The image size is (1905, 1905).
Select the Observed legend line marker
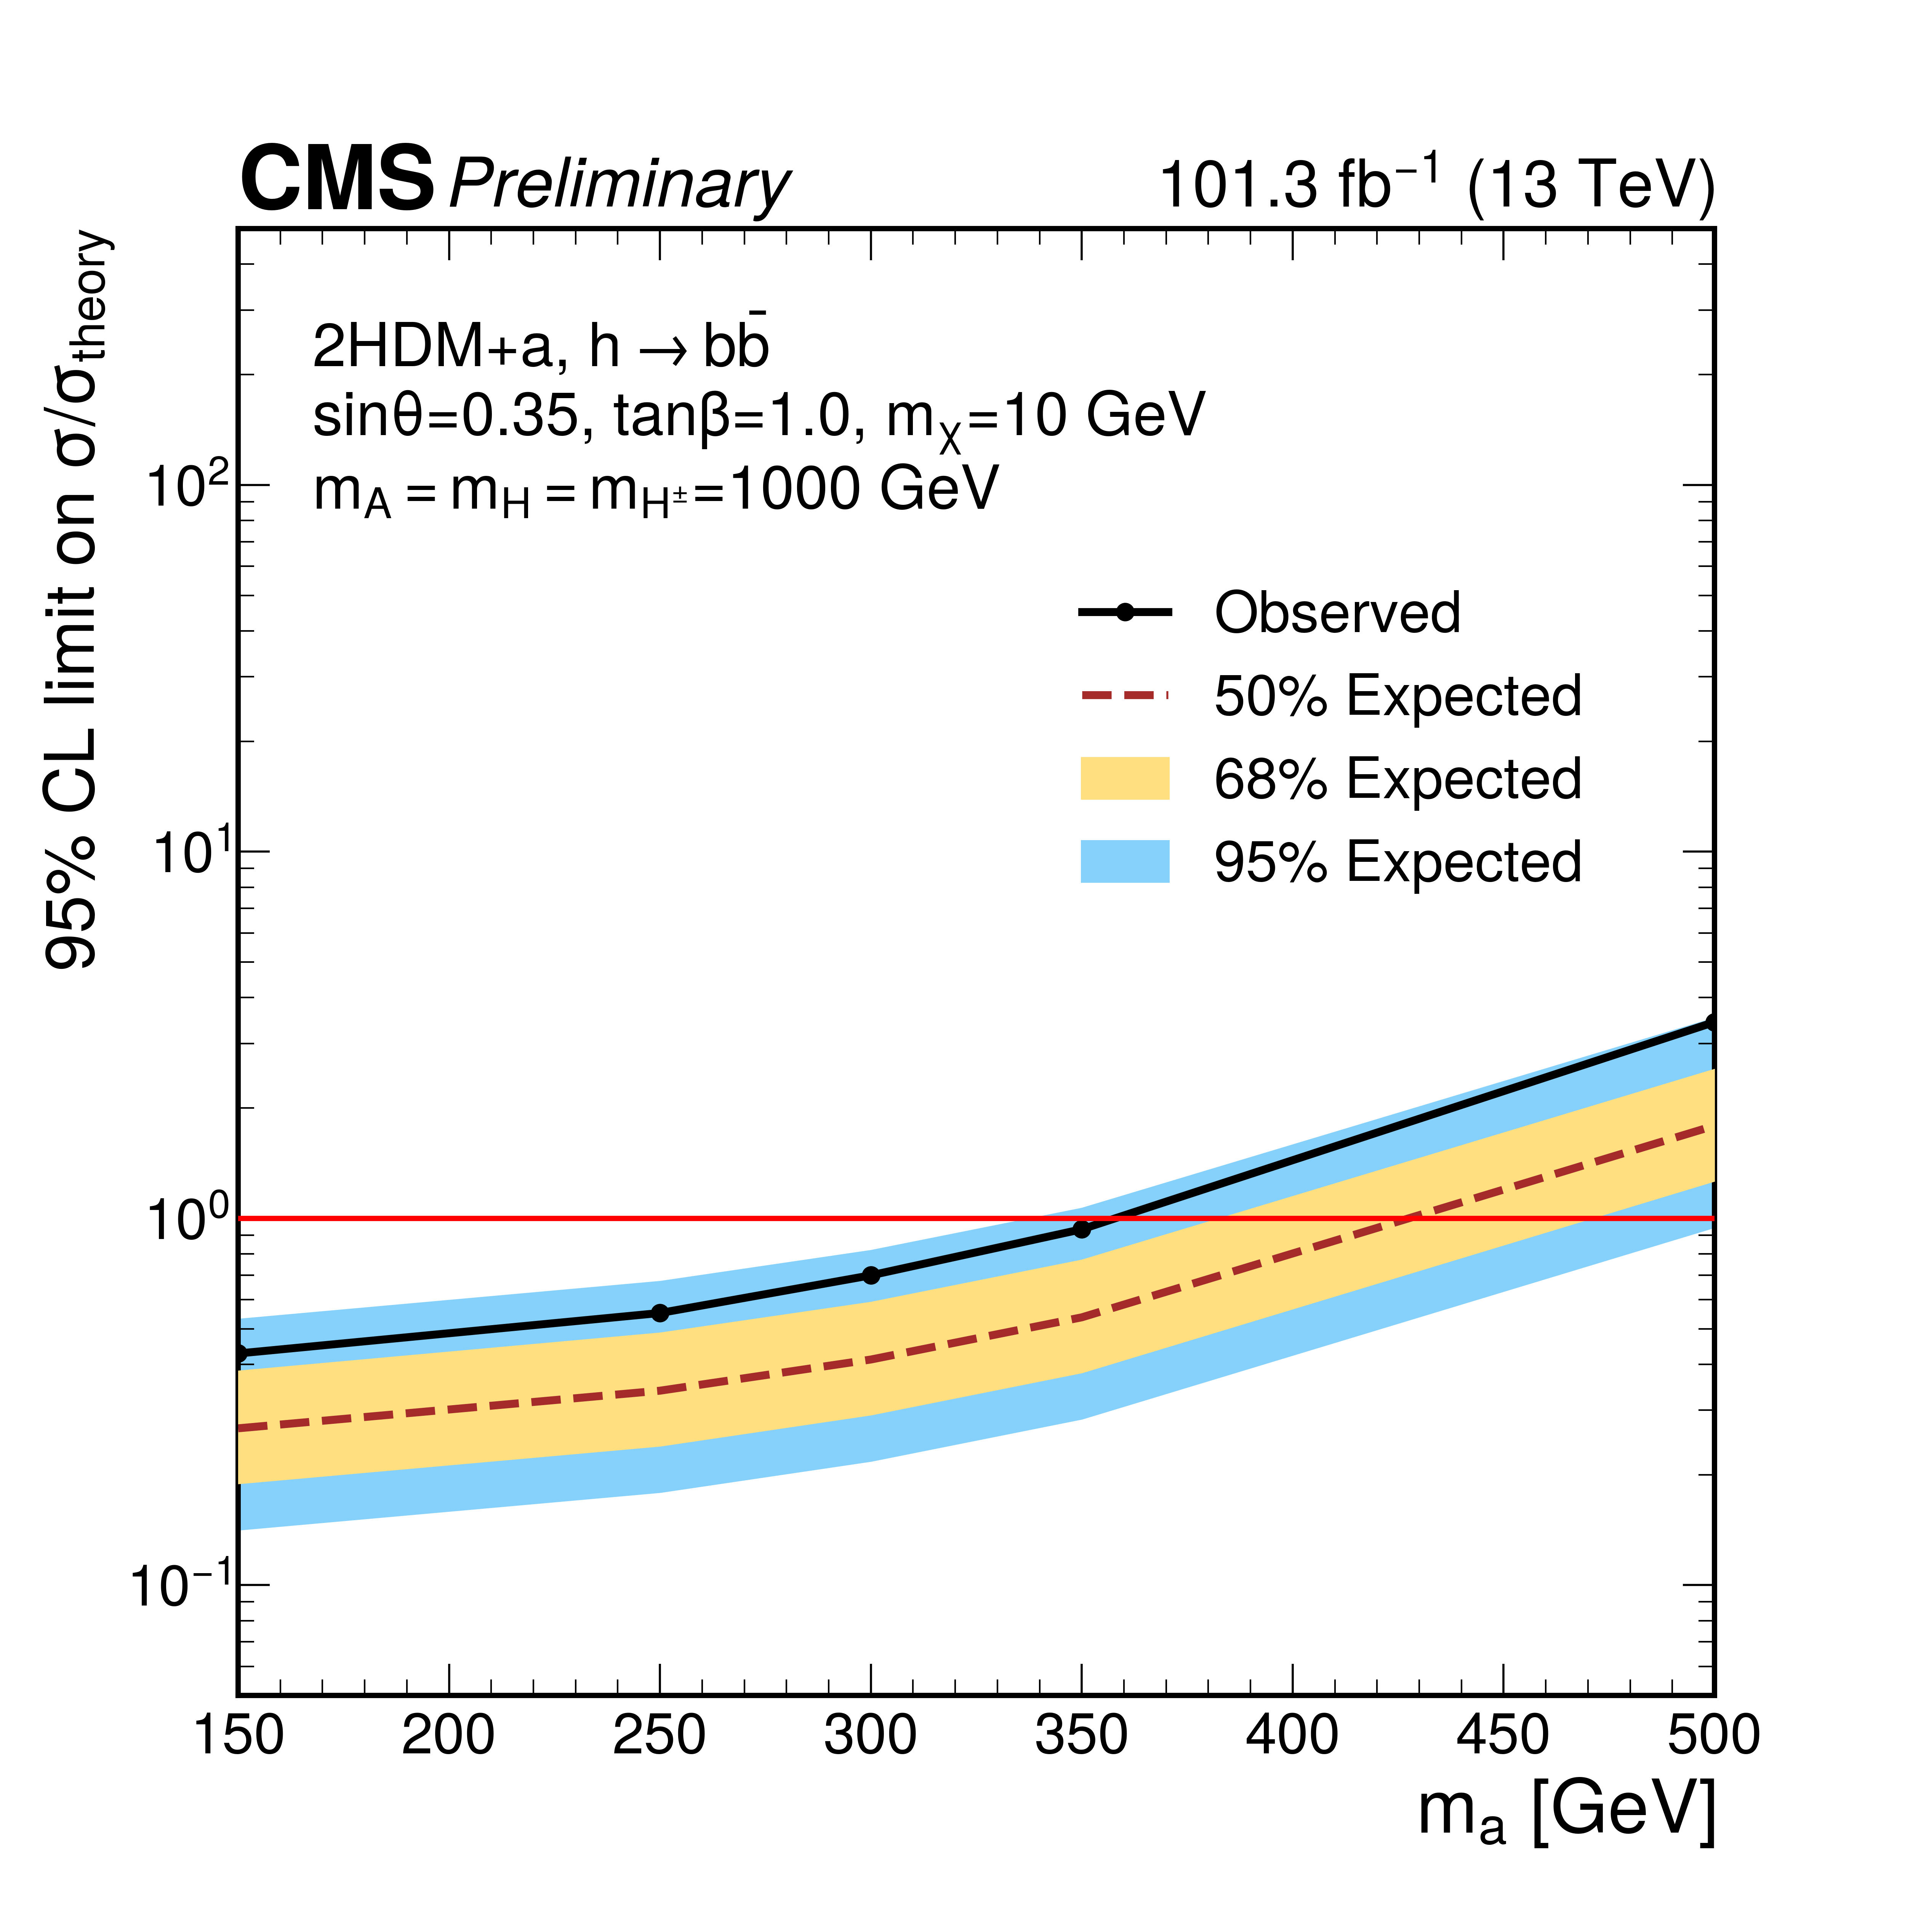click(x=1125, y=612)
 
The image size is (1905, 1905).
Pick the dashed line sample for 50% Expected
click(x=1125, y=695)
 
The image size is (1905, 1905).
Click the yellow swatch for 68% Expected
click(x=1125, y=778)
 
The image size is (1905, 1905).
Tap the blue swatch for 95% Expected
click(x=1125, y=861)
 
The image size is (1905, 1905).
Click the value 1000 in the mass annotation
click(x=796, y=489)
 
